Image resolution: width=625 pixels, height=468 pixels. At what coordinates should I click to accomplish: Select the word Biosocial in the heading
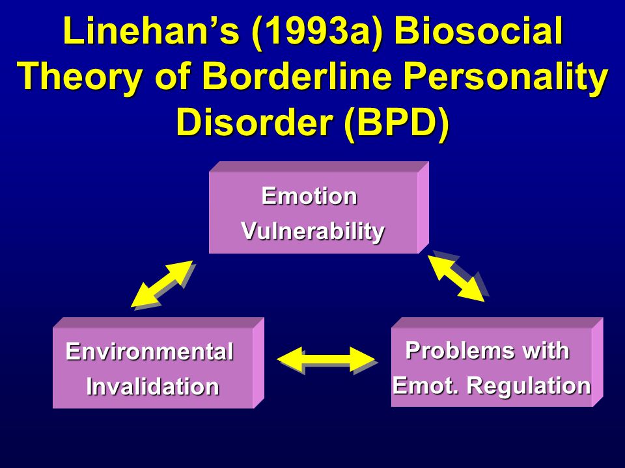479,31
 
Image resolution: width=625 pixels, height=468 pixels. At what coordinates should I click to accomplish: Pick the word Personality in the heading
506,77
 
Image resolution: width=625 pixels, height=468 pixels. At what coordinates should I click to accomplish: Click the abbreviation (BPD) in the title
396,122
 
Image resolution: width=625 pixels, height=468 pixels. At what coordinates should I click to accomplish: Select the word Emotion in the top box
309,196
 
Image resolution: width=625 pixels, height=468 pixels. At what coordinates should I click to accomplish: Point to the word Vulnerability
313,231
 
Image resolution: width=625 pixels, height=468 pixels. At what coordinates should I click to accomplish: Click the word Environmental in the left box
150,352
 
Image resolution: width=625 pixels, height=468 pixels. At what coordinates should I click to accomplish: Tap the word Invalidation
152,386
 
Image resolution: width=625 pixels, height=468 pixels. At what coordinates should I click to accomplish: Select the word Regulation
529,386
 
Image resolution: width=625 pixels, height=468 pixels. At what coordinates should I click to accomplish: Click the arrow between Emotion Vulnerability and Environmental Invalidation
162,284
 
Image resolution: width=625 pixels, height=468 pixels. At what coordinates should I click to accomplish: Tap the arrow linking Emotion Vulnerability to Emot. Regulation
456,278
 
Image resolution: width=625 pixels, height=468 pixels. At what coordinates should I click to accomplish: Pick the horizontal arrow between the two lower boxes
326,359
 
